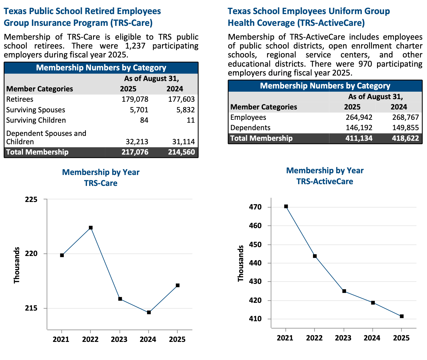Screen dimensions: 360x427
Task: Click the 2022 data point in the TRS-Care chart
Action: pos(91,228)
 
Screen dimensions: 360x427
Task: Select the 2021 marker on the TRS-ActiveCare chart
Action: pos(286,206)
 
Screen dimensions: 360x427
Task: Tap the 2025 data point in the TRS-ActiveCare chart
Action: pos(402,316)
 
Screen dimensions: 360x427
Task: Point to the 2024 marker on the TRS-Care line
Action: pos(149,312)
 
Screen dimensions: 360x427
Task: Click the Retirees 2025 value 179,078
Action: pos(135,99)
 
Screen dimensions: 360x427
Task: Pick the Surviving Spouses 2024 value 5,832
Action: pos(186,110)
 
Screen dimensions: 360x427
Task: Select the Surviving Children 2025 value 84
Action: pos(144,120)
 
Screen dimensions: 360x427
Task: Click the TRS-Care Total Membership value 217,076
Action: pos(135,152)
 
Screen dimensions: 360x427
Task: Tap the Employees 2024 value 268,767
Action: pos(405,118)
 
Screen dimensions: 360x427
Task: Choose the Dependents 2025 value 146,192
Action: pos(359,128)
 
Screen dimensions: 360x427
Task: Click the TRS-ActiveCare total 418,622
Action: pos(405,138)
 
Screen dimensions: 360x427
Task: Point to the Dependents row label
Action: pos(250,128)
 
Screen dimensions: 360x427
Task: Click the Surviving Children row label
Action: pos(36,120)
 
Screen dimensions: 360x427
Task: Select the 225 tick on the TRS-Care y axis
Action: pos(31,199)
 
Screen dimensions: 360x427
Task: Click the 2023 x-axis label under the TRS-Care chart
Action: pos(119,340)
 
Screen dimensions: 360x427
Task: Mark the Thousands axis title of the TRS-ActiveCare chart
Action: pos(241,263)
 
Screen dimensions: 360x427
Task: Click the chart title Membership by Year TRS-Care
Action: pos(101,178)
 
